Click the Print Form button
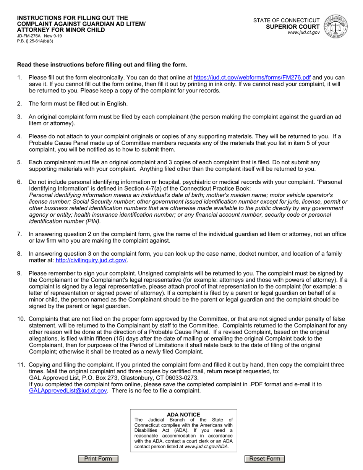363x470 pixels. click(x=98, y=459)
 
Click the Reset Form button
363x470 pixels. click(x=265, y=459)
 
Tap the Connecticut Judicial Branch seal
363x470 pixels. click(x=335, y=26)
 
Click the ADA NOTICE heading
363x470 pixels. click(x=183, y=415)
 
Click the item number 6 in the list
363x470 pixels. click(x=19, y=182)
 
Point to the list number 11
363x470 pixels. click(x=21, y=365)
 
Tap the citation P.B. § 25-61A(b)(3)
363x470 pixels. click(x=35, y=41)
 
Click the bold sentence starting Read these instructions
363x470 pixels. click(x=102, y=65)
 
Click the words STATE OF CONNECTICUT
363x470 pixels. click(x=287, y=20)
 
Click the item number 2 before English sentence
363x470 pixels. click(x=19, y=104)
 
